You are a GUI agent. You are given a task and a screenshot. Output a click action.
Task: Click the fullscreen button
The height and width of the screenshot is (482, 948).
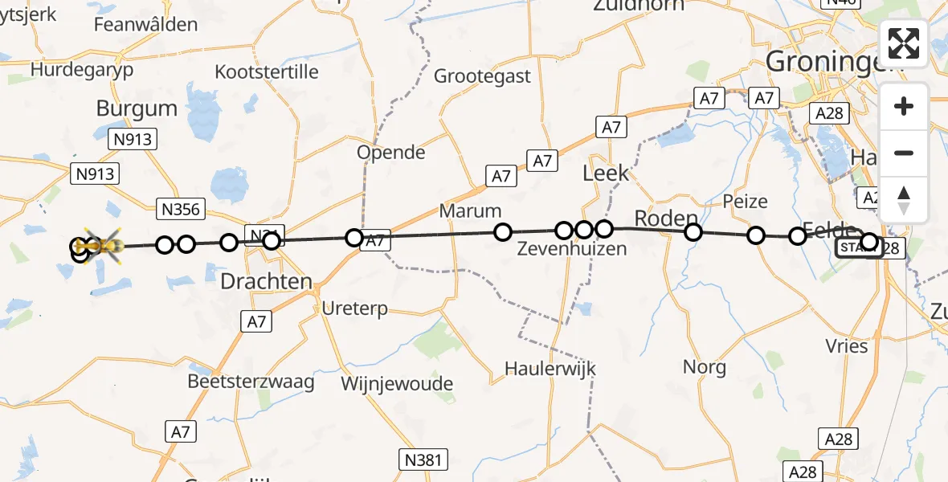click(904, 43)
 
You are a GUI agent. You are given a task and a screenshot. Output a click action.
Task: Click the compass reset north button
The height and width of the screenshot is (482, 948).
click(904, 200)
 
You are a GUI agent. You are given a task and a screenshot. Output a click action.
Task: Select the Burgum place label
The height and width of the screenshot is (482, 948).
click(137, 108)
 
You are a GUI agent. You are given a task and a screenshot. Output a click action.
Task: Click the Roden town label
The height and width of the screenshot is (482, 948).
click(665, 219)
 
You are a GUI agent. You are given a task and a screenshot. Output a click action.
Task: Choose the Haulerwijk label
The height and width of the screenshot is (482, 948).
click(550, 368)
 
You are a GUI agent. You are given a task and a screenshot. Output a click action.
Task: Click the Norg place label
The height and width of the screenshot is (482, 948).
click(704, 367)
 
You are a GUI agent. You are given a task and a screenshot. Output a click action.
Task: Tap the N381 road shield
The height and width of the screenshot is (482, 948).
click(423, 460)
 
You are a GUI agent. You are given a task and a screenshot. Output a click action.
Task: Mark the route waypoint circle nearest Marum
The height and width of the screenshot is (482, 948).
click(502, 232)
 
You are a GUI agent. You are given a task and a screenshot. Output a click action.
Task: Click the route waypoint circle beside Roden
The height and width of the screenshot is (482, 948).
click(693, 232)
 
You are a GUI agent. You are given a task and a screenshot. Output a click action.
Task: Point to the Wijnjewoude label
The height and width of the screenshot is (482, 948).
click(397, 384)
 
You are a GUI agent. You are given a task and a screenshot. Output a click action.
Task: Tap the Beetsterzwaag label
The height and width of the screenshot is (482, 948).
click(251, 381)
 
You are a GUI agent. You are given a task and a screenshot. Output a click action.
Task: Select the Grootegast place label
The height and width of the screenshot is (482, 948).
click(482, 76)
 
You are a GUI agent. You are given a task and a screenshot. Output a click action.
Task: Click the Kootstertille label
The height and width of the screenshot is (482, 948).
click(267, 71)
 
